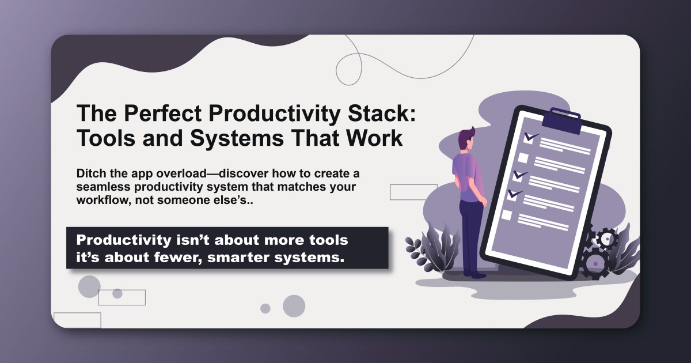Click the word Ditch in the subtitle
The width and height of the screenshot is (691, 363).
[x=90, y=173]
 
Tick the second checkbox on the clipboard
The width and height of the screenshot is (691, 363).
[x=523, y=157]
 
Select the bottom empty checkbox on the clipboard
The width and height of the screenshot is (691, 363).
[x=507, y=215]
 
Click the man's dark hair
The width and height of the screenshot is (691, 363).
[x=465, y=138]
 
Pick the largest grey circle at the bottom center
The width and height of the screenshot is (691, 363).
[x=294, y=306]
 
